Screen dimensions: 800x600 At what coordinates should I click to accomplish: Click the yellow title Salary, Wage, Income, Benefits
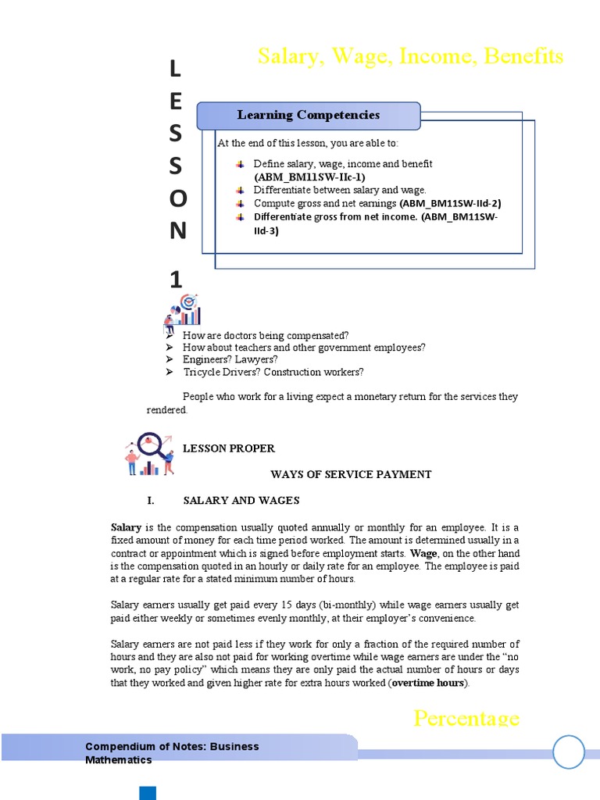pyautogui.click(x=410, y=56)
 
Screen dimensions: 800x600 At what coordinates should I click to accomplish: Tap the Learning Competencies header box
pyautogui.click(x=309, y=116)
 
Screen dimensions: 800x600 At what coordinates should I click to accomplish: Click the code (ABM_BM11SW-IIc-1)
pyautogui.click(x=309, y=177)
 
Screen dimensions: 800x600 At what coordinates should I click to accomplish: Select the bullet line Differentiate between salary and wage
pyautogui.click(x=340, y=190)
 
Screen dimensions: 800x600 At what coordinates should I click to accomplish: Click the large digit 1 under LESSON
pyautogui.click(x=176, y=280)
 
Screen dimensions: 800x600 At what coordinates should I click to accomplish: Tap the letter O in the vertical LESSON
pyautogui.click(x=177, y=199)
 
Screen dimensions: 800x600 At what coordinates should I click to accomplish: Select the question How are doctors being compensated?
pyautogui.click(x=266, y=335)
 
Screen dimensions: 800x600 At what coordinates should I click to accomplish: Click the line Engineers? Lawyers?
pyautogui.click(x=230, y=359)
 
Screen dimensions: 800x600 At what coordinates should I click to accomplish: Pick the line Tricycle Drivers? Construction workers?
pyautogui.click(x=273, y=372)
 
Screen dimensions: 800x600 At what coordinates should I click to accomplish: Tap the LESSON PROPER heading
pyautogui.click(x=229, y=448)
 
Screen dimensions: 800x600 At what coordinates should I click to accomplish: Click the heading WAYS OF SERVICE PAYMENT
pyautogui.click(x=351, y=474)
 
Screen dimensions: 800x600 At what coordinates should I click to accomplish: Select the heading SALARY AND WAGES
pyautogui.click(x=241, y=500)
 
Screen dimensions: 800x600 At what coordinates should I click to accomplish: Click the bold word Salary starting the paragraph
pyautogui.click(x=126, y=527)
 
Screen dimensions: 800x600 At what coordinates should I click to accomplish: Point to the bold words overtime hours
pyautogui.click(x=428, y=683)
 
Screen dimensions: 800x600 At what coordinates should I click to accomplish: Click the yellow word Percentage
pyautogui.click(x=466, y=718)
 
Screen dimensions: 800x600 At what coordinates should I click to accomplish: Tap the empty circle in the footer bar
pyautogui.click(x=569, y=752)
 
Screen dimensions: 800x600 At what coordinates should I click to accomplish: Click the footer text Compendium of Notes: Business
pyautogui.click(x=172, y=747)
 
